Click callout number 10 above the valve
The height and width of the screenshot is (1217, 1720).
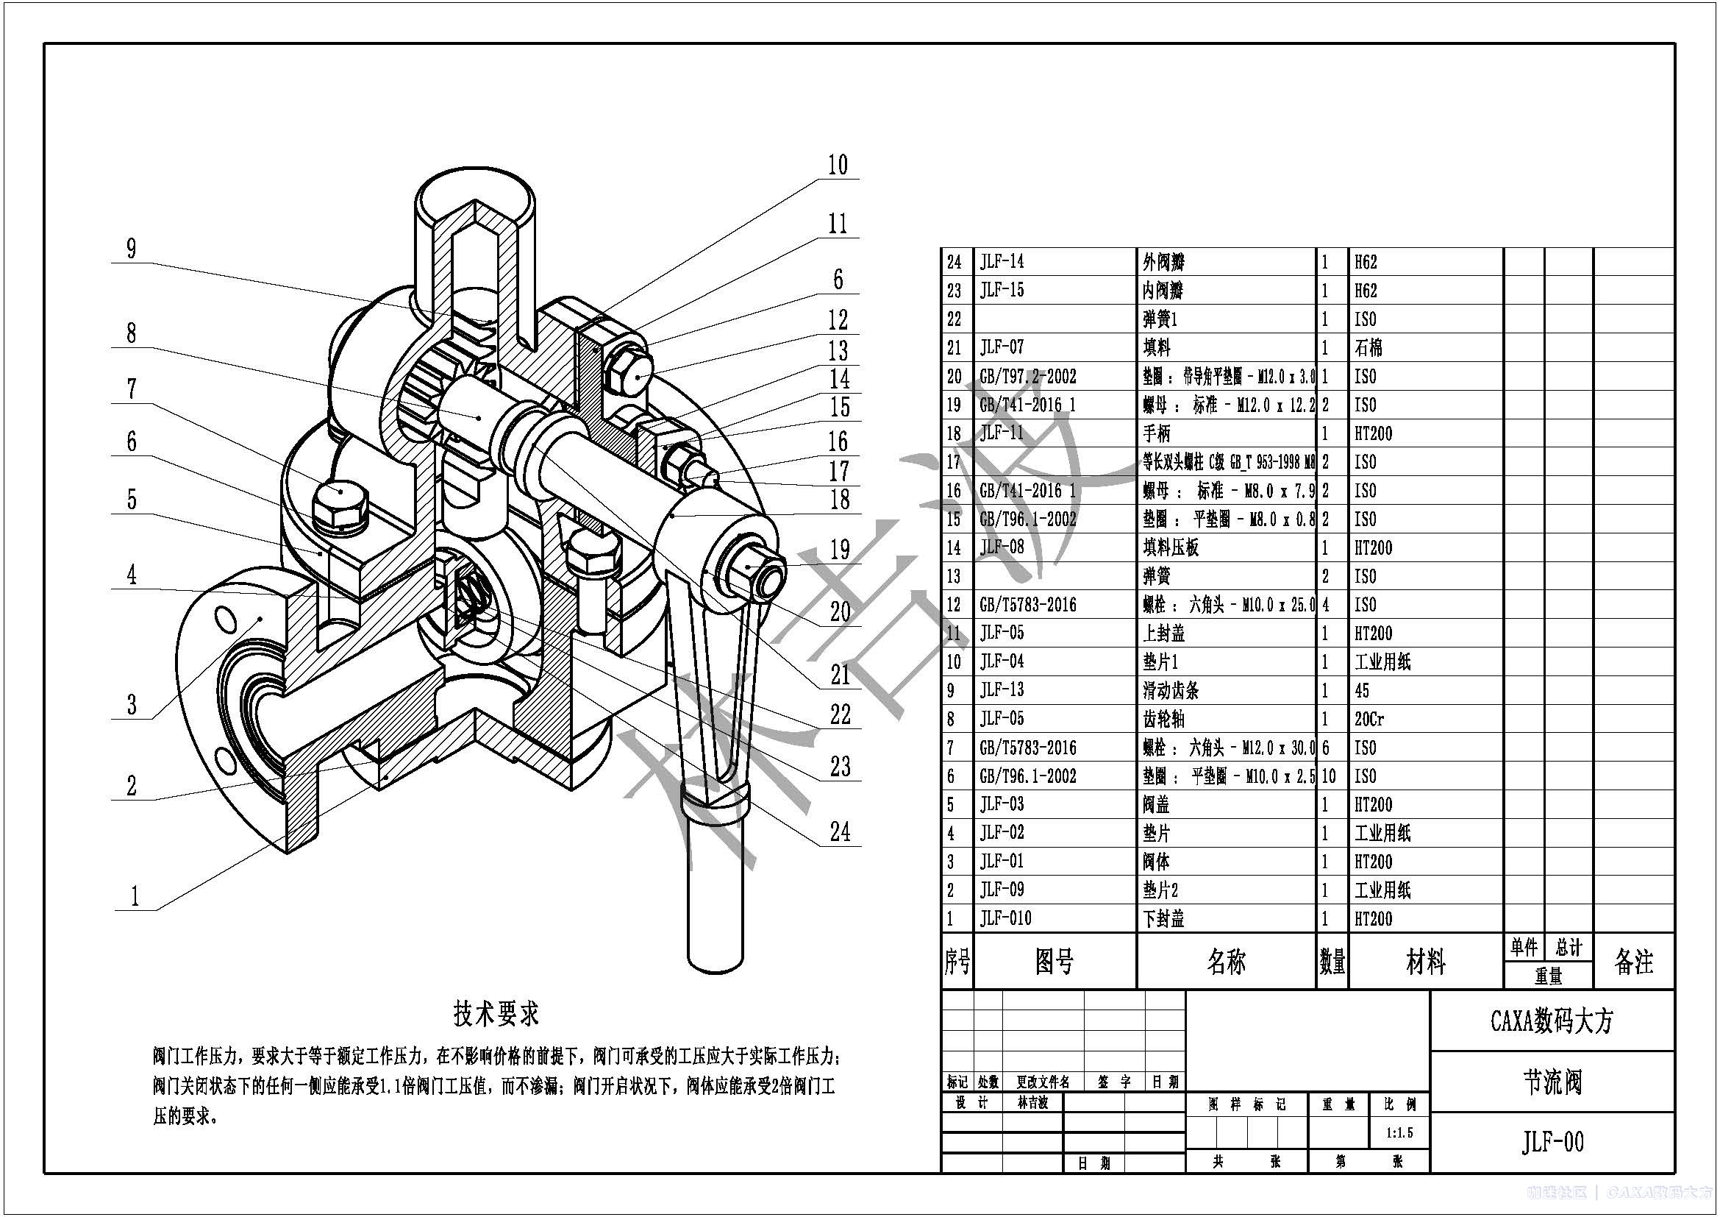[838, 166]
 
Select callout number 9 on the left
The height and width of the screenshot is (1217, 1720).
[132, 248]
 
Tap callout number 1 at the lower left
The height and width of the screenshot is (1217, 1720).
[135, 896]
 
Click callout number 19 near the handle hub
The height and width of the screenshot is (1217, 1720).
[840, 550]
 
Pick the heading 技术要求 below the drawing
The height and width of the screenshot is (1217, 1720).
[496, 1014]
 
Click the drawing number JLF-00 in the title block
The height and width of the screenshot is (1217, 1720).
[1552, 1142]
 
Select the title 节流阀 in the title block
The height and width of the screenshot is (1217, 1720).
[1552, 1082]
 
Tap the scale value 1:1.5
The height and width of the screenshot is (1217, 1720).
[1399, 1133]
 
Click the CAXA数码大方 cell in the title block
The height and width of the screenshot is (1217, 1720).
[1552, 1021]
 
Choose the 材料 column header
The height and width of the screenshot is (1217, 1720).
[1425, 962]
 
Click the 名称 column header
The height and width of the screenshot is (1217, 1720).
[1226, 962]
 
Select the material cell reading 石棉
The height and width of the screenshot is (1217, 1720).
[1368, 348]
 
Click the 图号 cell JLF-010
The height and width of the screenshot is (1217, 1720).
[1005, 919]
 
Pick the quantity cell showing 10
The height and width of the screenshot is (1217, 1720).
[1328, 776]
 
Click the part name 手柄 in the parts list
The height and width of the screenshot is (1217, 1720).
[1157, 434]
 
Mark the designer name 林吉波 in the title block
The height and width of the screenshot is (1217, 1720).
[1032, 1103]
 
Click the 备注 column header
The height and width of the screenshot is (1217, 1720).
[1633, 962]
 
